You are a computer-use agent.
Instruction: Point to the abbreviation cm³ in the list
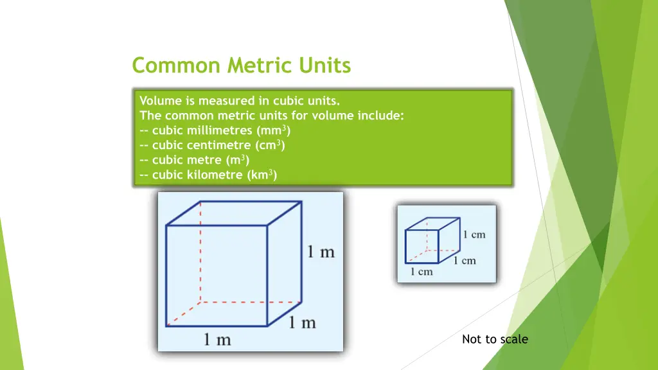270,145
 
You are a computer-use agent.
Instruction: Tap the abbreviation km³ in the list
262,175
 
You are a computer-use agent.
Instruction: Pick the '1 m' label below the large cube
218,339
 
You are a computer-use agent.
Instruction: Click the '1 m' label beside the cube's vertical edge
321,251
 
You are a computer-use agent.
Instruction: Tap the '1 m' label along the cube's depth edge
301,321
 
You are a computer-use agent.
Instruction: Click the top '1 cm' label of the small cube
474,234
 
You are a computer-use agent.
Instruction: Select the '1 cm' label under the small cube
422,272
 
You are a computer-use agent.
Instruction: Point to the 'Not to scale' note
495,339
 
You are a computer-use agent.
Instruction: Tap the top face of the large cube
234,213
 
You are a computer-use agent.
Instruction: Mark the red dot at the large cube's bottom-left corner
167,325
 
